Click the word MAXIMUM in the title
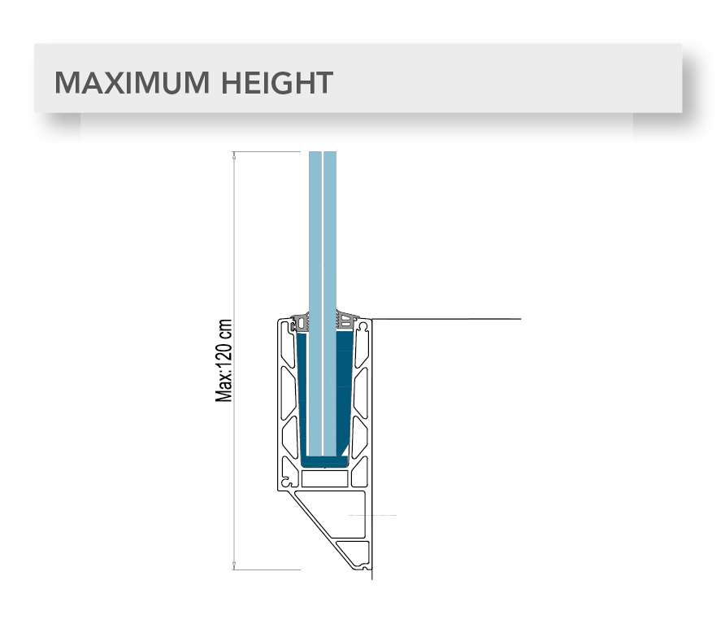[132, 83]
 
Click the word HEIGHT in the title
[277, 83]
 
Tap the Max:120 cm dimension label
[224, 360]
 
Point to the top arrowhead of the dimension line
[234, 155]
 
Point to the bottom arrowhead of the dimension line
[234, 565]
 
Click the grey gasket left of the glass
[300, 321]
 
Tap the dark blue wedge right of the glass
[344, 389]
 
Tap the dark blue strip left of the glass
[303, 394]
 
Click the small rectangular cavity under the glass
[324, 478]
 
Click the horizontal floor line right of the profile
[446, 319]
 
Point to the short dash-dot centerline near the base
[372, 515]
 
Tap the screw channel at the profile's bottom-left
[287, 482]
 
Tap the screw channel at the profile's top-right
[364, 327]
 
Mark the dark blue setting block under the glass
[324, 461]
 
